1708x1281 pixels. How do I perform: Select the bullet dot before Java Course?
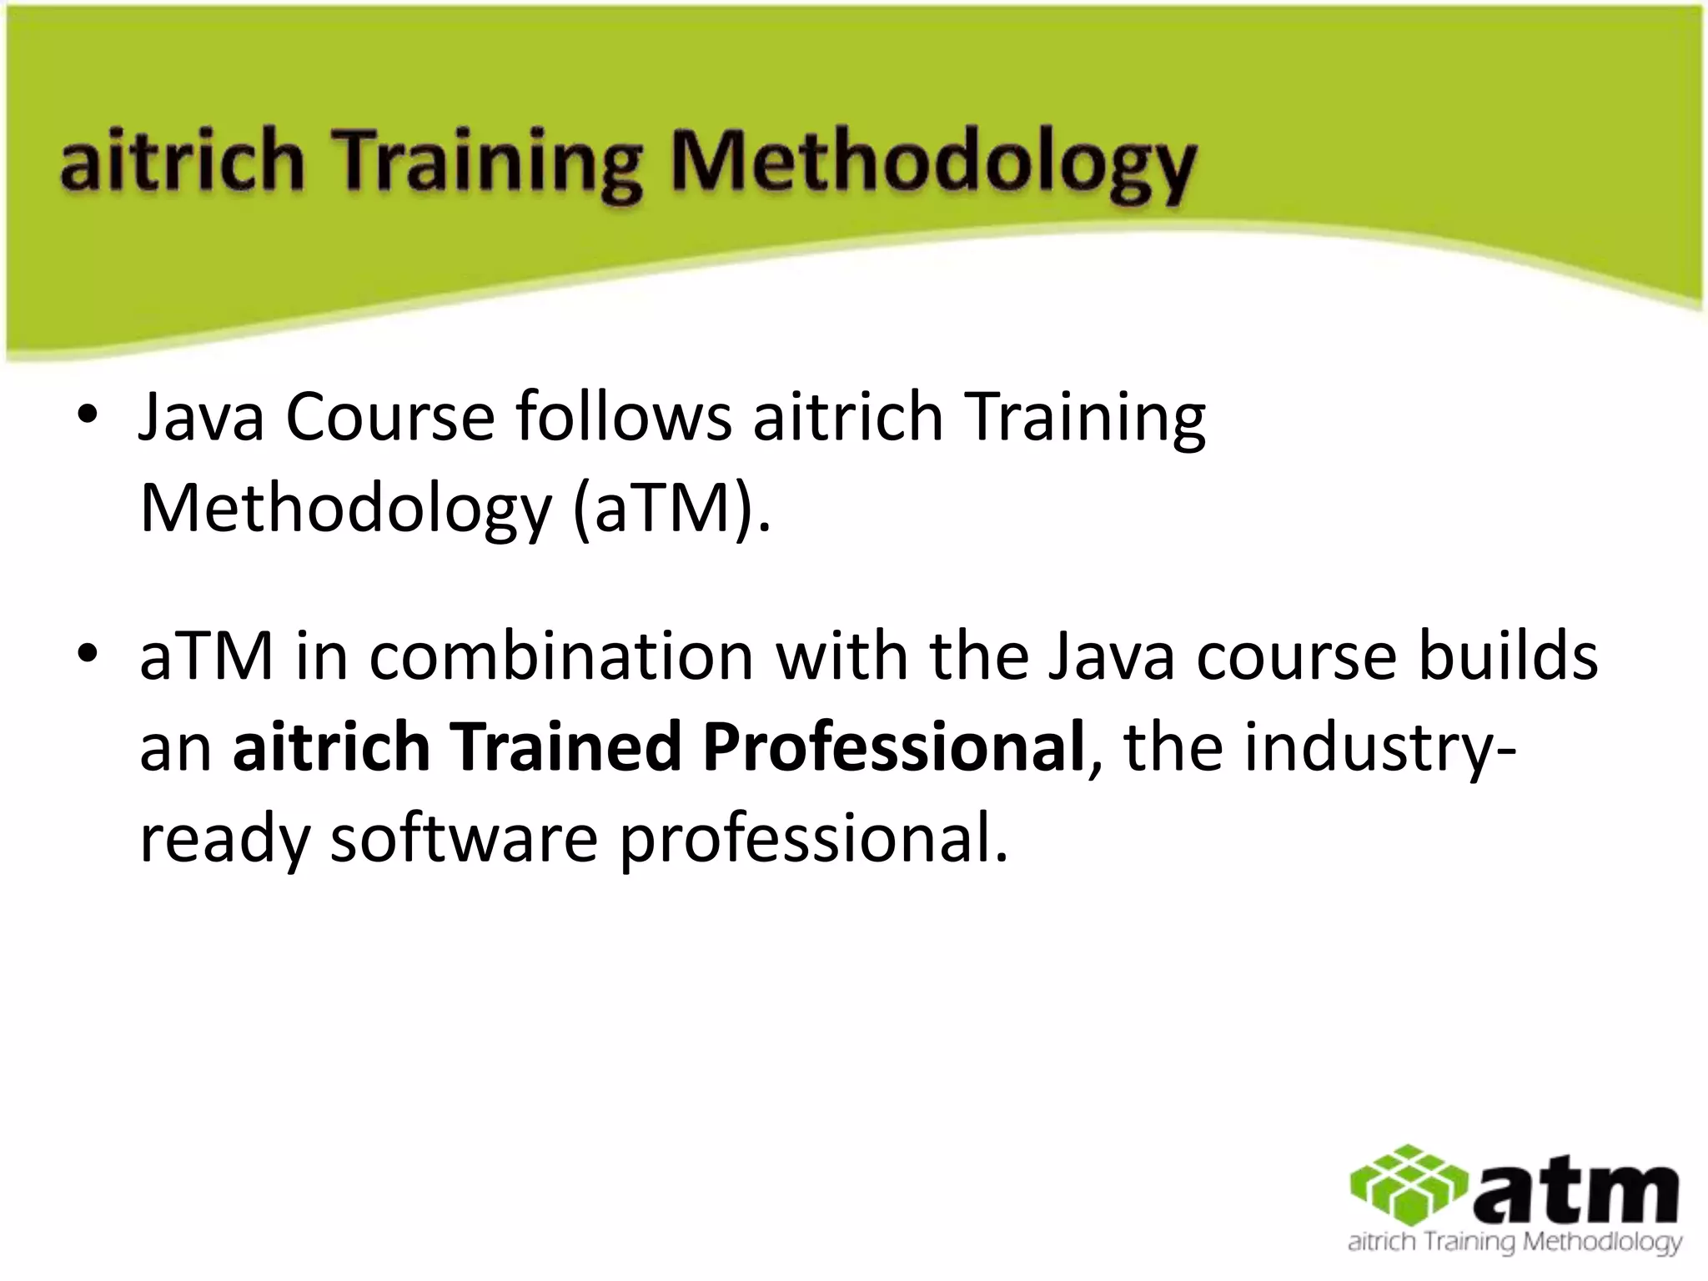[x=86, y=415]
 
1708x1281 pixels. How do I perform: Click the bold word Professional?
[x=892, y=746]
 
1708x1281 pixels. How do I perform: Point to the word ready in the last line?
[x=224, y=841]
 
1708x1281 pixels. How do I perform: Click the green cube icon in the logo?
[x=1409, y=1185]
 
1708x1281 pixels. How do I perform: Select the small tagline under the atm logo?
[x=1515, y=1243]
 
